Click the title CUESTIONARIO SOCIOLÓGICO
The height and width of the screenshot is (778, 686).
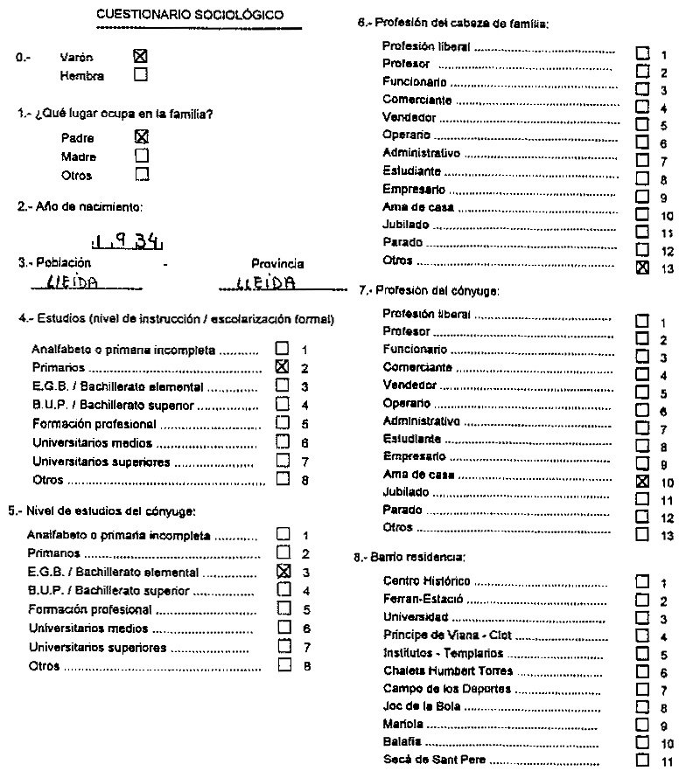(190, 15)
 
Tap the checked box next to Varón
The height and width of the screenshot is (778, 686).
(140, 55)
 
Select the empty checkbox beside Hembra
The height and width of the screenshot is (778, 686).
(140, 75)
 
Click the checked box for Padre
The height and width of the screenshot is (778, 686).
(142, 136)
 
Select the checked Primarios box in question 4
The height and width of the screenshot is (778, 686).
(282, 367)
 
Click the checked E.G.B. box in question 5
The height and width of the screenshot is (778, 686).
(282, 572)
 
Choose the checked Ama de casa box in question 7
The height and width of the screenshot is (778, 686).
(643, 481)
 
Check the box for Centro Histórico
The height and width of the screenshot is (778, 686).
(643, 581)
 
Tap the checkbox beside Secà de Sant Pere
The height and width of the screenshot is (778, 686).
(643, 760)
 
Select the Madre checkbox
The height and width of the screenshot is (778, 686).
(142, 156)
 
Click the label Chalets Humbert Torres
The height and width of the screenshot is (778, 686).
(448, 671)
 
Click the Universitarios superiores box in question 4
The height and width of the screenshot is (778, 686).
(282, 460)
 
